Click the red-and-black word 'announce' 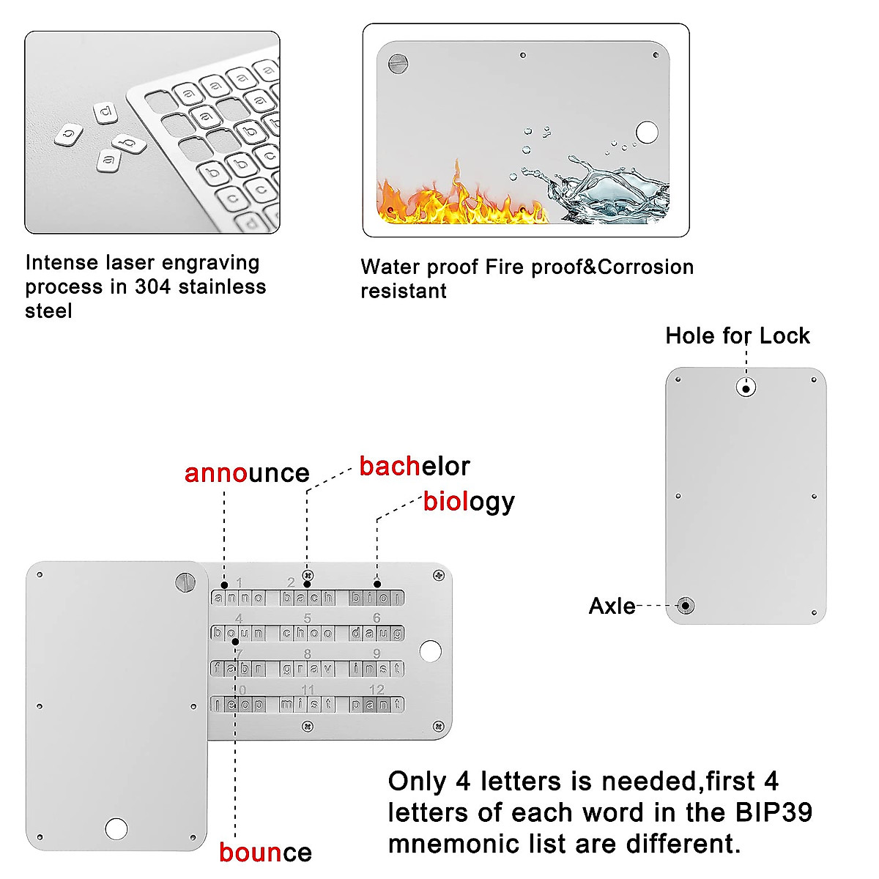pos(247,473)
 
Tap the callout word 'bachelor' pos(414,467)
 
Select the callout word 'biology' pos(469,502)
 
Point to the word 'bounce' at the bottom pos(265,853)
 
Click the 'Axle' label pos(612,607)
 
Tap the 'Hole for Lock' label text pos(737,336)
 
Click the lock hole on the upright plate pos(746,387)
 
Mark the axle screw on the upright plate pos(686,606)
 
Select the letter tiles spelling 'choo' pos(307,633)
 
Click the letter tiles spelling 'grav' pos(307,668)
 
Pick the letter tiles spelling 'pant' pos(377,705)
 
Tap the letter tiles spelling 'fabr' pos(237,668)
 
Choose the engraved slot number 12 pos(377,690)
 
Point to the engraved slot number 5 pos(308,619)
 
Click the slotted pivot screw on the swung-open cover pos(185,582)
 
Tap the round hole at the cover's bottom pos(116,828)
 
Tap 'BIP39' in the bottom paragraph pos(771,813)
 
